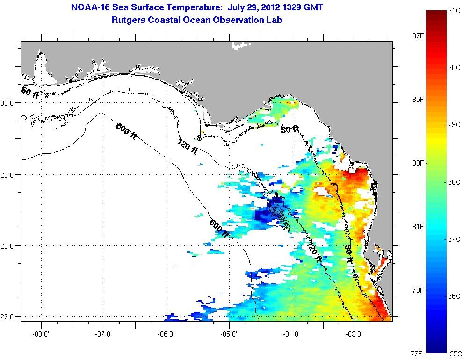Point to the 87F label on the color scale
point(417,36)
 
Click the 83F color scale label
point(417,163)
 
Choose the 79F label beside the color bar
point(417,290)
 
